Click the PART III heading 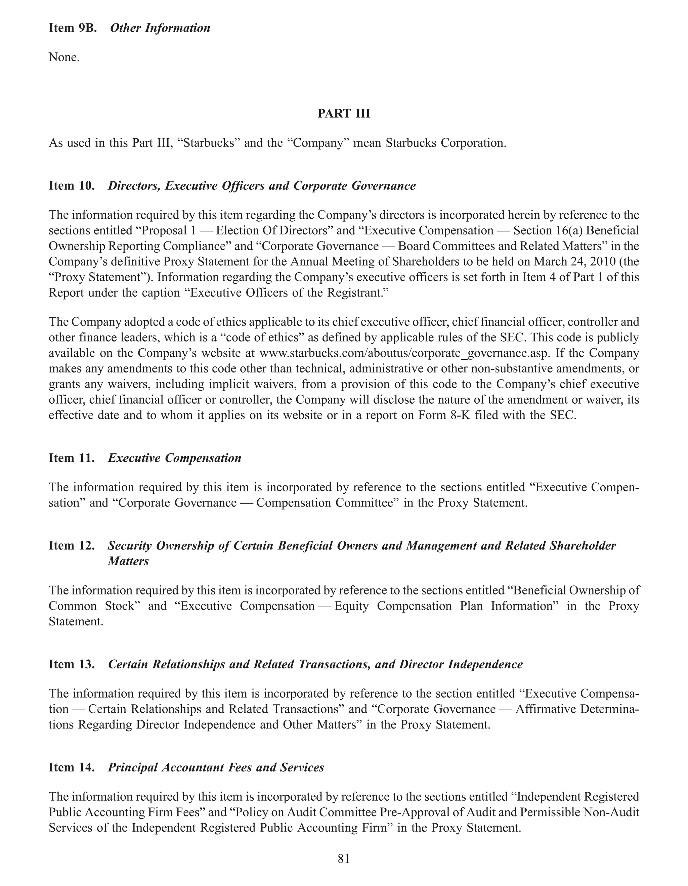[344, 114]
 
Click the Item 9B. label [73, 28]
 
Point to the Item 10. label [72, 186]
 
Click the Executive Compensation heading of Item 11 [174, 458]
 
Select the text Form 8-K [443, 415]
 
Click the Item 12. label [72, 546]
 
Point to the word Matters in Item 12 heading [128, 562]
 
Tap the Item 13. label [72, 664]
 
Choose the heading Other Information [160, 28]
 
